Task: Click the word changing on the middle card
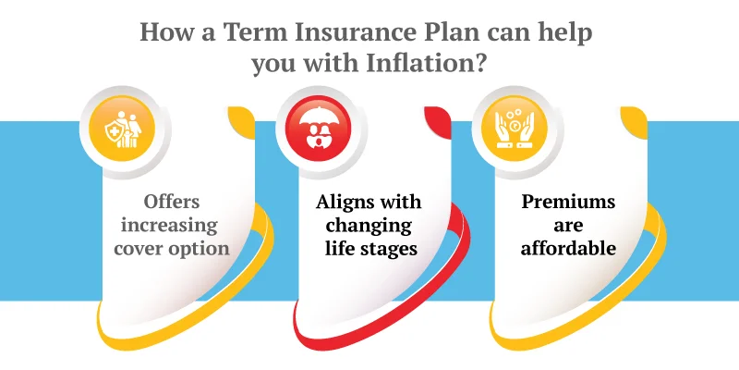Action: point(369,225)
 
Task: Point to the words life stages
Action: point(369,249)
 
